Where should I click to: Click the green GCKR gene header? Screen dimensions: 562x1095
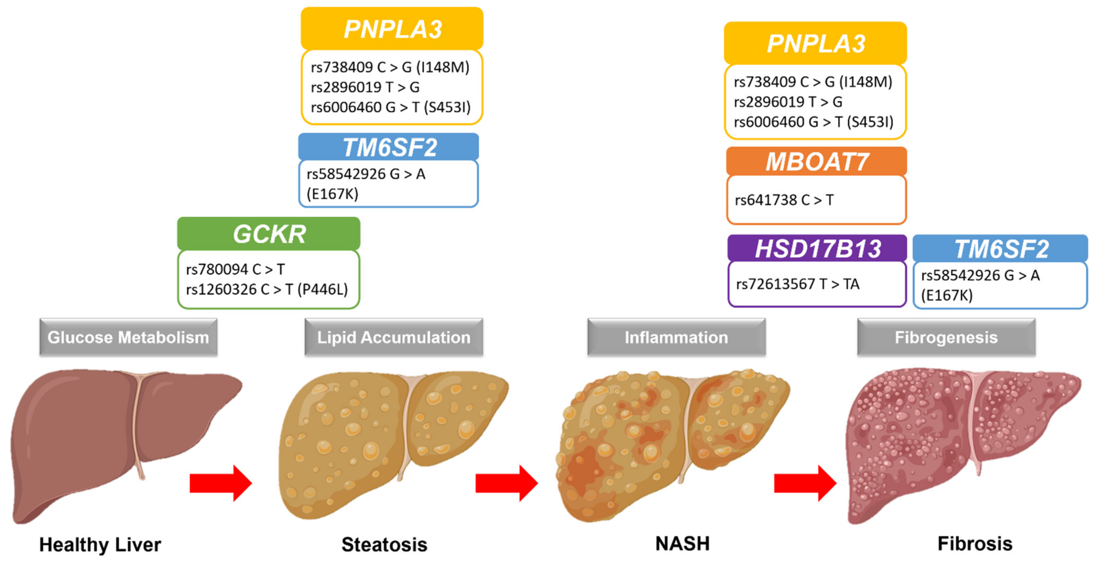click(x=269, y=234)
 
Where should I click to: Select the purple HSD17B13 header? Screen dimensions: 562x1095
click(x=817, y=249)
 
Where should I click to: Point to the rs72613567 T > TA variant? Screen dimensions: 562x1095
click(x=798, y=284)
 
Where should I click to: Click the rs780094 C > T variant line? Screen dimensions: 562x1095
click(x=235, y=269)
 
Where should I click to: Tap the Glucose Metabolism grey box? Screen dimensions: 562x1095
click(x=128, y=337)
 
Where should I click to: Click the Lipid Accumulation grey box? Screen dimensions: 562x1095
click(x=394, y=337)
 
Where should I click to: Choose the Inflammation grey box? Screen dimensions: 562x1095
click(x=676, y=337)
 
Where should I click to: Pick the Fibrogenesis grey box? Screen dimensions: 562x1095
click(x=946, y=337)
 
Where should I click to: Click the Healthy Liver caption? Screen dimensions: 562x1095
click(x=100, y=545)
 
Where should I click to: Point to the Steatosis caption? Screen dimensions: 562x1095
click(x=384, y=545)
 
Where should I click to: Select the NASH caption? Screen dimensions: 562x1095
click(x=682, y=544)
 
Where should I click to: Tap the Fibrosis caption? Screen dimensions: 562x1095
click(x=975, y=544)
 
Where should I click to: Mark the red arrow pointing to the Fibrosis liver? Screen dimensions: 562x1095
click(x=805, y=483)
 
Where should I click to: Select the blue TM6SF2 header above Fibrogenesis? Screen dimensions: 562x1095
click(x=1000, y=249)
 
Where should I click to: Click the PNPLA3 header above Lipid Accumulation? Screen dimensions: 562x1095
click(x=392, y=29)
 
